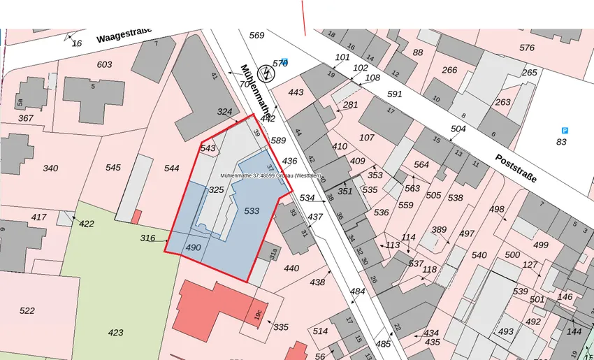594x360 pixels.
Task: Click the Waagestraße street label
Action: click(125, 35)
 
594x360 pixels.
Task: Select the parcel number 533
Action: click(252, 210)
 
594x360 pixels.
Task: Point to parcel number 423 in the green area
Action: click(115, 332)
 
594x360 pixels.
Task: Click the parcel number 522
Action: click(27, 310)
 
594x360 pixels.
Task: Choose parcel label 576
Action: click(527, 48)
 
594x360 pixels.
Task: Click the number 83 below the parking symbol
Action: click(561, 143)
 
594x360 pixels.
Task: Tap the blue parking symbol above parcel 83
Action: click(565, 130)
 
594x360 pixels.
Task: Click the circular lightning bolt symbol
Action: click(266, 72)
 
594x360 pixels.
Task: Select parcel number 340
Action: click(50, 168)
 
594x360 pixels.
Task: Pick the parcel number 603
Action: click(104, 64)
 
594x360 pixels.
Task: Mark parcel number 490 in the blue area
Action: click(194, 247)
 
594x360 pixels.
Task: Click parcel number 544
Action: click(172, 168)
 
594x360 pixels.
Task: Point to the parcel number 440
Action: click(291, 268)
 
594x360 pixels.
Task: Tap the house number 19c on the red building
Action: click(258, 314)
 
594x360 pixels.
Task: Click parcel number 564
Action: click(421, 164)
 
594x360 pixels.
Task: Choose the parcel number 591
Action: click(395, 94)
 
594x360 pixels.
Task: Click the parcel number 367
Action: click(25, 118)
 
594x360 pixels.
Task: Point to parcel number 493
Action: click(505, 331)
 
